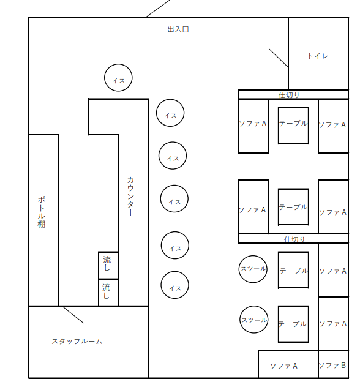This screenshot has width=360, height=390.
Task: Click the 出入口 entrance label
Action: tap(178, 29)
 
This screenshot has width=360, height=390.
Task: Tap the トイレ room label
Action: tap(317, 56)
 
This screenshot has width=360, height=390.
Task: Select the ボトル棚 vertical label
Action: tap(41, 212)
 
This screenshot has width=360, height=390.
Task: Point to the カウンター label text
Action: tap(130, 197)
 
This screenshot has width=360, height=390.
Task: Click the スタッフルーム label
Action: tap(77, 341)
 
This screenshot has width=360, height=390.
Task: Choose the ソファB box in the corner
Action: tap(332, 365)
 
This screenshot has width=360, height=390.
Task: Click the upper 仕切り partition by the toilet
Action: tap(293, 94)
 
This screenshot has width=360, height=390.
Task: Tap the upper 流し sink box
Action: tap(108, 265)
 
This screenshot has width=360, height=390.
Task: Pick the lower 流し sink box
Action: tap(108, 292)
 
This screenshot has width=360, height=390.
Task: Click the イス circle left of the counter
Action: tap(118, 78)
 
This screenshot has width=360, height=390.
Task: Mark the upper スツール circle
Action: tap(253, 269)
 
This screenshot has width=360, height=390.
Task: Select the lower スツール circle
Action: tap(253, 320)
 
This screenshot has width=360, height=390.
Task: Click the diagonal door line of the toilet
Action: tap(278, 58)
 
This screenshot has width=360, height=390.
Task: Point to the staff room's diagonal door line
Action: tap(73, 314)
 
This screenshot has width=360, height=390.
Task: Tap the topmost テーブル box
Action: tap(293, 126)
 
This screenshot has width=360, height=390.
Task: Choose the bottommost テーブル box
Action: tap(293, 324)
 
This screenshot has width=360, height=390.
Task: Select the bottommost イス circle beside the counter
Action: tap(175, 285)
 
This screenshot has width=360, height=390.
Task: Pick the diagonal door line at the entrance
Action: tap(158, 8)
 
